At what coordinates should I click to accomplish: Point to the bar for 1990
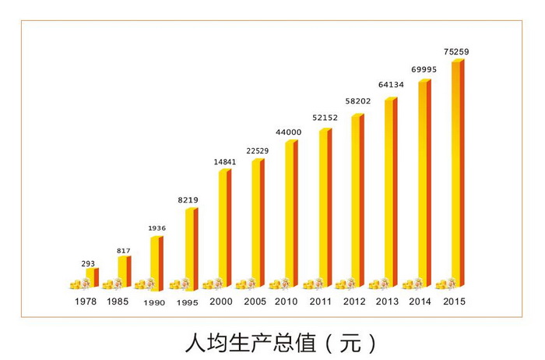click(x=156, y=262)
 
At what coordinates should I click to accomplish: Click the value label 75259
click(x=456, y=51)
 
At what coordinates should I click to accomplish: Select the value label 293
click(x=88, y=263)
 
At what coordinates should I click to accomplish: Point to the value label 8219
click(x=188, y=200)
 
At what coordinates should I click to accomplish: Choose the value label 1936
click(x=158, y=228)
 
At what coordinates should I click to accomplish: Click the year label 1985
click(x=118, y=302)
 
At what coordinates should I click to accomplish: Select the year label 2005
click(x=254, y=302)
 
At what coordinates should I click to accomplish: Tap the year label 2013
click(x=386, y=302)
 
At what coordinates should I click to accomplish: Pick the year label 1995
click(x=188, y=302)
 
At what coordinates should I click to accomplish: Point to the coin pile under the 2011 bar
click(x=315, y=284)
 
